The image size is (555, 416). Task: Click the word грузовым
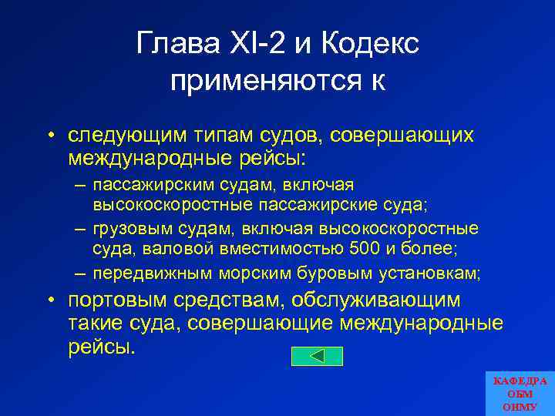pyautogui.click(x=126, y=229)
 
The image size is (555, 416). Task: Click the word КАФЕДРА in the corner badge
pyautogui.click(x=520, y=381)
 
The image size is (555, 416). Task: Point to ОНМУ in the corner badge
pyautogui.click(x=520, y=406)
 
